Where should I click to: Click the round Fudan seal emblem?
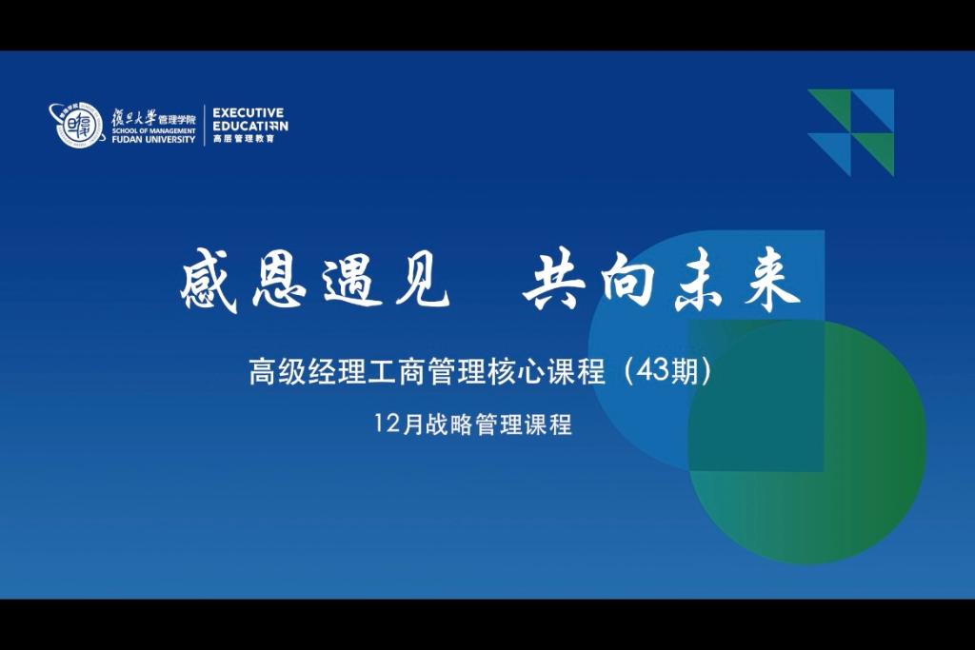(76, 125)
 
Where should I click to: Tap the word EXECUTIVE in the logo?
(249, 112)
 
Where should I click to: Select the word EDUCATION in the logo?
(250, 126)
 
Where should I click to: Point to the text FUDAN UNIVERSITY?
(153, 140)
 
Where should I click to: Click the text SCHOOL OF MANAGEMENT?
(153, 131)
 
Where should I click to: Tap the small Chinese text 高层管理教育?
(244, 139)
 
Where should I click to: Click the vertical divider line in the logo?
(205, 125)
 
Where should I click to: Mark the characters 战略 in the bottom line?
(449, 424)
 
